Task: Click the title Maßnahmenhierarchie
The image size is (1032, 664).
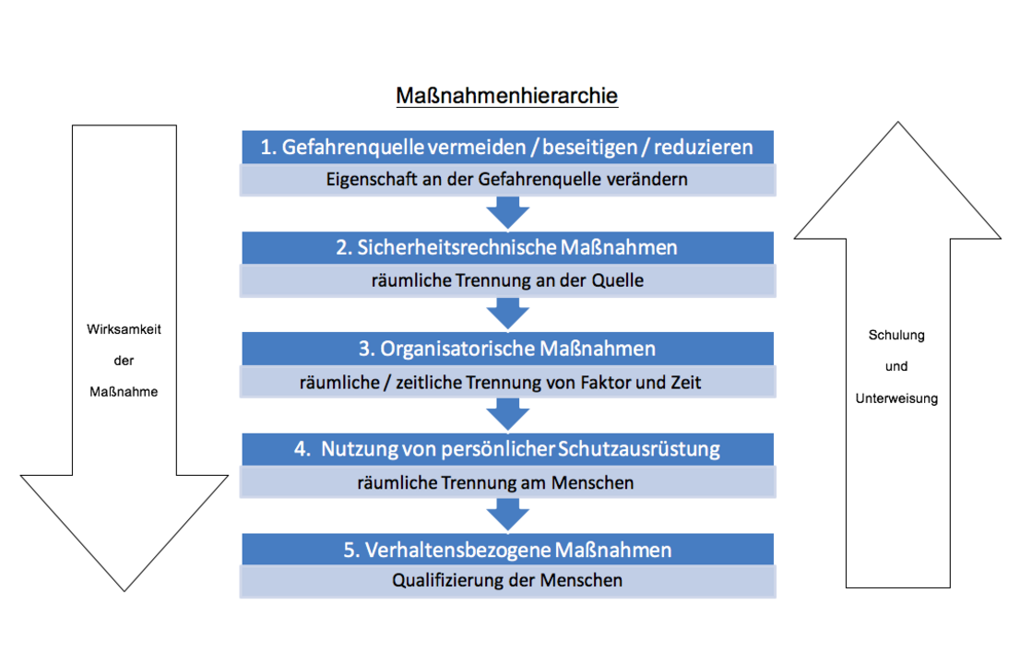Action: coord(507,96)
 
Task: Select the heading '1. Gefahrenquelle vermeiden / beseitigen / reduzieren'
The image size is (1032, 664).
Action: coord(507,147)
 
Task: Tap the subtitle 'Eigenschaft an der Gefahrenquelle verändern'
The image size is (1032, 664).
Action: coord(507,179)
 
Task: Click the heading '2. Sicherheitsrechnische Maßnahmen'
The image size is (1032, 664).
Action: coord(507,247)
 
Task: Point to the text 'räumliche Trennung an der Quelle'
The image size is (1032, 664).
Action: coord(507,280)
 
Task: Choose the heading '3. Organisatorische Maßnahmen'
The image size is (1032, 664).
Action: coord(507,349)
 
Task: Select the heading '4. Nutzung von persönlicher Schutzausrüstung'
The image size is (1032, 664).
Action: coord(507,449)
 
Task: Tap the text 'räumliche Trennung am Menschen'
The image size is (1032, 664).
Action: coord(495,483)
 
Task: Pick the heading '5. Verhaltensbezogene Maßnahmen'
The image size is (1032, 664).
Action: coord(507,550)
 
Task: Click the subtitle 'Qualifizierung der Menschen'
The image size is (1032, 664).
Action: coord(507,580)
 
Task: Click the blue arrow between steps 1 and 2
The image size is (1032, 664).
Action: coord(508,213)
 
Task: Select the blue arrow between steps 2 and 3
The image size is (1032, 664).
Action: coord(508,314)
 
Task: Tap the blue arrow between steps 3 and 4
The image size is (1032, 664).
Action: coord(508,415)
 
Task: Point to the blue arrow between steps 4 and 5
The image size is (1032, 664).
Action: coord(508,516)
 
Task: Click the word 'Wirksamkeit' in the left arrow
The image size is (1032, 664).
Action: coord(124,329)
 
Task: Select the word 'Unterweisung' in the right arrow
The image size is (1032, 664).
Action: coord(896,398)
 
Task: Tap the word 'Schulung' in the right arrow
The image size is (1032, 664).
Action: coord(896,335)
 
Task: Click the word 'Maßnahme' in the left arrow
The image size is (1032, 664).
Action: coord(124,392)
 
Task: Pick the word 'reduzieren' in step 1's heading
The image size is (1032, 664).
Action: coord(704,147)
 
